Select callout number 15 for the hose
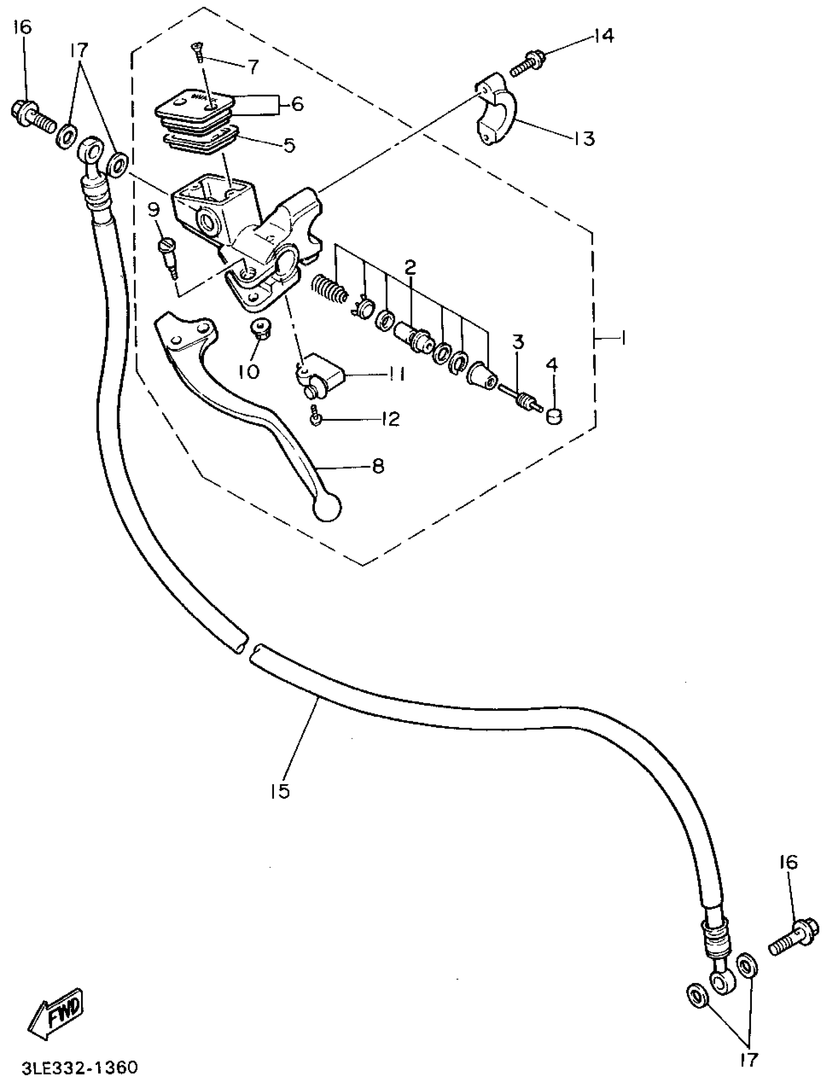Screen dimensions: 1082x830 (280, 791)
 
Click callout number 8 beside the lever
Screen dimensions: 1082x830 (378, 466)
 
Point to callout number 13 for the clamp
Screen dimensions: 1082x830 (584, 139)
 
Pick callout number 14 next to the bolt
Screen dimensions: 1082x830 (604, 36)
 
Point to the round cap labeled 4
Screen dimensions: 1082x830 (554, 417)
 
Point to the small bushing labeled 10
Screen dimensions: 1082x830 (260, 328)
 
